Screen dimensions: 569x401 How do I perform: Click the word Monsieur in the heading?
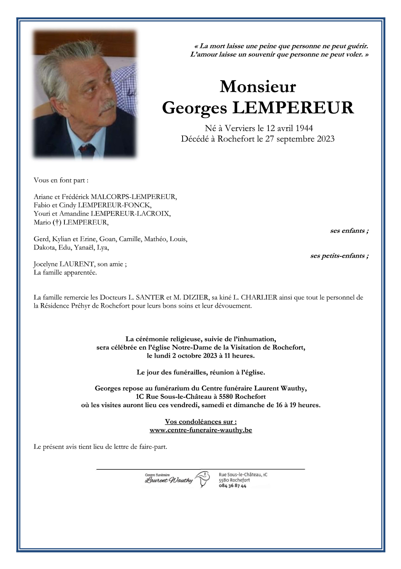(258, 87)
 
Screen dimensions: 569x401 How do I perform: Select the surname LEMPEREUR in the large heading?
(293, 108)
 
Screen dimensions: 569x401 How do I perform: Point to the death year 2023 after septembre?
(326, 139)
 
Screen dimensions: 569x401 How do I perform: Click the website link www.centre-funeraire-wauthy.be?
(201, 430)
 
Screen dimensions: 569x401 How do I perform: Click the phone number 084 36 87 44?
(232, 486)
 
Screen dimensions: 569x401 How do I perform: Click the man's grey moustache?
(107, 104)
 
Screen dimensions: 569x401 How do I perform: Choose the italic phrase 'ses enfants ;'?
(349, 231)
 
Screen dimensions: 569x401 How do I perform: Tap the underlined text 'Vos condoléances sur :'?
(201, 422)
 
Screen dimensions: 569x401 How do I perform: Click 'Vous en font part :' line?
(61, 180)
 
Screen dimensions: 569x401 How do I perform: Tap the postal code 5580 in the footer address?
(223, 480)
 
